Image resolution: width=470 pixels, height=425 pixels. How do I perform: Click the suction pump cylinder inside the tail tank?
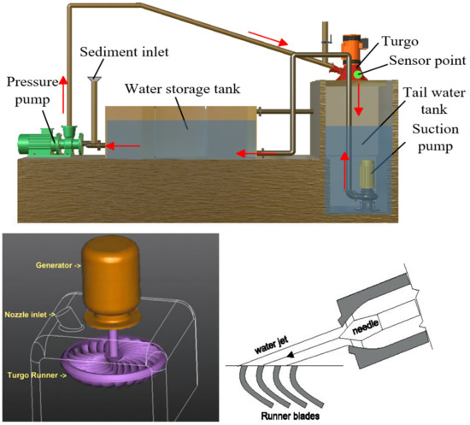tap(368, 177)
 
